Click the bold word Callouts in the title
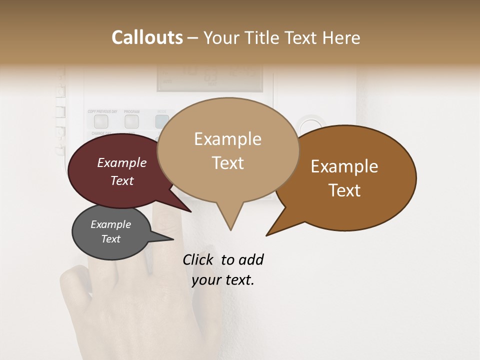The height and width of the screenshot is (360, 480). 147,37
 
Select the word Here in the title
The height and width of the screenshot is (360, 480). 341,37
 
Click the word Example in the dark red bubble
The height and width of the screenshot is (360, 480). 122,162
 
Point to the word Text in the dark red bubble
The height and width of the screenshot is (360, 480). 122,180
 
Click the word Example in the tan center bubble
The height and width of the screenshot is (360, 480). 227,138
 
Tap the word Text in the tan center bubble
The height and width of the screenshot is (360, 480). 227,163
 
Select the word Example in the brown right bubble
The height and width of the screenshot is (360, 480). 344,166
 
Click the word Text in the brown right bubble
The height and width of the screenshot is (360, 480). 344,190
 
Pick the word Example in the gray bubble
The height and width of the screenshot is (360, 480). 110,224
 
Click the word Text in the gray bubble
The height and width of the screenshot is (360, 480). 110,239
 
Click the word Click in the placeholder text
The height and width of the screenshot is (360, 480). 199,259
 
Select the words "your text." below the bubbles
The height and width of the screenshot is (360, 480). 223,280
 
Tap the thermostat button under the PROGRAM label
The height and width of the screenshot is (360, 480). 131,120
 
